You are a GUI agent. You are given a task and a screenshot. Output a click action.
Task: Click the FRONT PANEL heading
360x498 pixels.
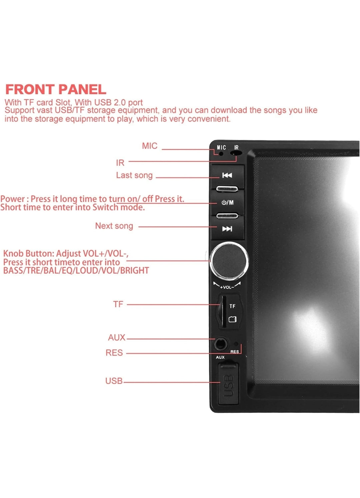[56, 89]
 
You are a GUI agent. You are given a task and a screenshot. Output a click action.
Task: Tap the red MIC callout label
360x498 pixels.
[149, 146]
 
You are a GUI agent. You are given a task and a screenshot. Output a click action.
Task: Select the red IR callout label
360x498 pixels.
[120, 163]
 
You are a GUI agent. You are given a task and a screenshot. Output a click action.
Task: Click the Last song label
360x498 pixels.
[134, 175]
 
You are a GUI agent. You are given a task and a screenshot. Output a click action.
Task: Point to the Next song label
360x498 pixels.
[114, 226]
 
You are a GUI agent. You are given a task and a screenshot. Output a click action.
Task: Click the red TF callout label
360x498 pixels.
[118, 304]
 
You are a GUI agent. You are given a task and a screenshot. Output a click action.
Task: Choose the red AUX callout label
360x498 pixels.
[116, 338]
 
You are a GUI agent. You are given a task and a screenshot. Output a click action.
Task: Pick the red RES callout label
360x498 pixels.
[114, 353]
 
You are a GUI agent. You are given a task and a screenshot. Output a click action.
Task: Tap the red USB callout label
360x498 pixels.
[114, 381]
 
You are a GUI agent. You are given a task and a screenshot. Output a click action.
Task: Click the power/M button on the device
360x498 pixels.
[227, 203]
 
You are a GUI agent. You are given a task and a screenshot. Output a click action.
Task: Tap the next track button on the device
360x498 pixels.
[227, 229]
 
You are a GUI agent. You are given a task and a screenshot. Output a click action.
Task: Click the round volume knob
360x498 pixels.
[229, 261]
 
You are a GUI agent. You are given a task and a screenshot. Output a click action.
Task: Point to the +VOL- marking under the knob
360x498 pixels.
[227, 287]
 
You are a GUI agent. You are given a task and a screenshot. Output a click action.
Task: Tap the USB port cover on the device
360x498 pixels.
[229, 384]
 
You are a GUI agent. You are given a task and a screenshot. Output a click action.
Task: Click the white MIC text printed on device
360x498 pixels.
[221, 147]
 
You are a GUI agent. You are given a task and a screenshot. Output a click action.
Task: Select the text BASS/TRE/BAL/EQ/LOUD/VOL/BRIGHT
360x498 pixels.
[76, 270]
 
